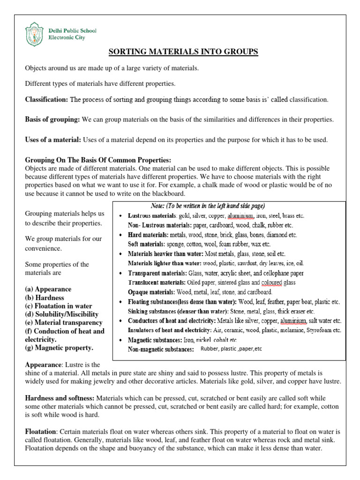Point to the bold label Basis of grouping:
click(52, 120)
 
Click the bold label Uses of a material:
click(53, 140)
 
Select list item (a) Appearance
click(48, 289)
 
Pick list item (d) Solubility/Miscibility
click(61, 314)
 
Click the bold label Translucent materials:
click(157, 282)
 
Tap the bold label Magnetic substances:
click(157, 339)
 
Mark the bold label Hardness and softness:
click(59, 398)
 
